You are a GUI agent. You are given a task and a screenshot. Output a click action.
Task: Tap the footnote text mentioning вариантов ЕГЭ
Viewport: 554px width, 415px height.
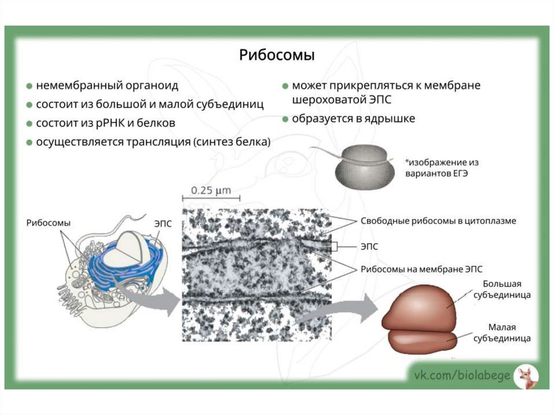[x=441, y=168]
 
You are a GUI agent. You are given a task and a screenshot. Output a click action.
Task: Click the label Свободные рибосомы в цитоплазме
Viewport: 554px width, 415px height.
[x=438, y=221]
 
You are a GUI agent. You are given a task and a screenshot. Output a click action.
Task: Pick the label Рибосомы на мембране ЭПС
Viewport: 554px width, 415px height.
[x=421, y=268]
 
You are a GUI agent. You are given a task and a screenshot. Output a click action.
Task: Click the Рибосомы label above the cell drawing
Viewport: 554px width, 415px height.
[x=49, y=222]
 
